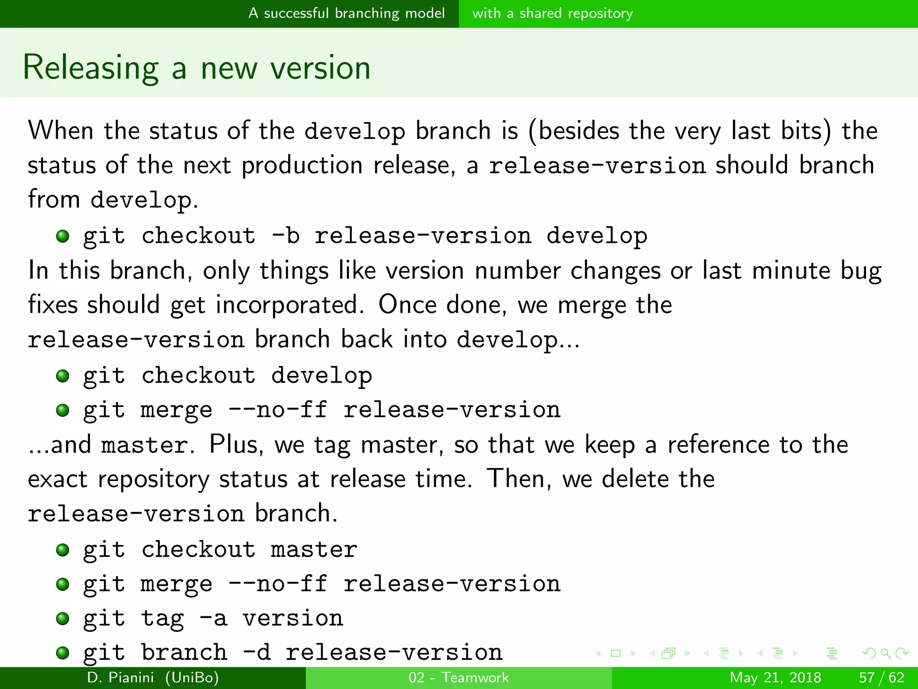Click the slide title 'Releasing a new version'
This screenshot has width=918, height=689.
click(196, 67)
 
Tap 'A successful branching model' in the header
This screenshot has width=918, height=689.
click(346, 13)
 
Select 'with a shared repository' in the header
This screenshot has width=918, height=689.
click(552, 13)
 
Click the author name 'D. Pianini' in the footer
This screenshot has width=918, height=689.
click(120, 677)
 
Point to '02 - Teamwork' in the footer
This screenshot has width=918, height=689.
click(459, 677)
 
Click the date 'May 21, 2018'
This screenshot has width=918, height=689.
click(775, 677)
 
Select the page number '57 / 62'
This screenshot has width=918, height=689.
click(881, 677)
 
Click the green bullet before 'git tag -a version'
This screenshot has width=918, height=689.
click(63, 619)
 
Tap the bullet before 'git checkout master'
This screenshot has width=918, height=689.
click(63, 550)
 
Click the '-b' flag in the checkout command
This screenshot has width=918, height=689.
click(286, 235)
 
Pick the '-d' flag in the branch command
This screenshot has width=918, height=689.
click(256, 652)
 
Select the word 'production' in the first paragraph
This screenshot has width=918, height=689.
click(302, 165)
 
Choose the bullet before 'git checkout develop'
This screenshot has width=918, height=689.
click(63, 376)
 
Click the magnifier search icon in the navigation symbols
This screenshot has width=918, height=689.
click(885, 653)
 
